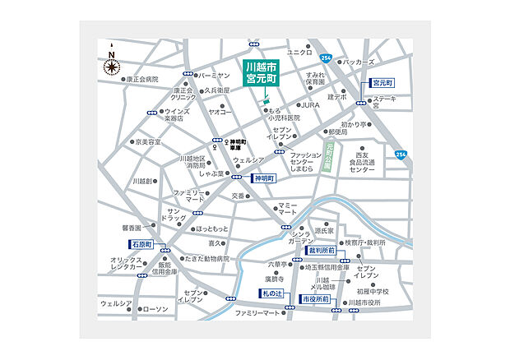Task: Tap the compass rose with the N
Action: [111, 65]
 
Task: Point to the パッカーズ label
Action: [359, 62]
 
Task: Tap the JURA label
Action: [308, 105]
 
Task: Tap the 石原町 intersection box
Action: [141, 245]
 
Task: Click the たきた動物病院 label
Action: [194, 259]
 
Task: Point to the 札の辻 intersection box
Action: [271, 293]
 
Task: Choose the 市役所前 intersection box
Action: [315, 300]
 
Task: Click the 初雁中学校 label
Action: [373, 292]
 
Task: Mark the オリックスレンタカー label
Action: [128, 264]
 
